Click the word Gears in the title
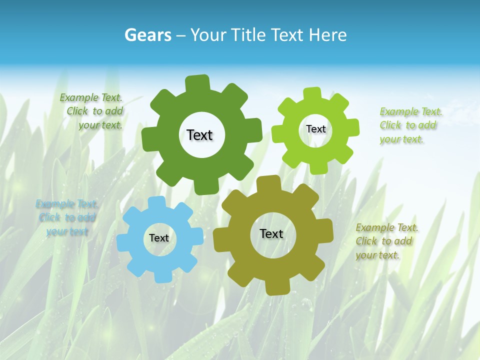[x=147, y=35]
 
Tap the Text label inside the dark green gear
[x=199, y=135]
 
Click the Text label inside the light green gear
[x=315, y=129]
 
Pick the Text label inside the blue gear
[x=159, y=238]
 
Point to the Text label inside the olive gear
[x=271, y=233]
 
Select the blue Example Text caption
[x=66, y=218]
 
